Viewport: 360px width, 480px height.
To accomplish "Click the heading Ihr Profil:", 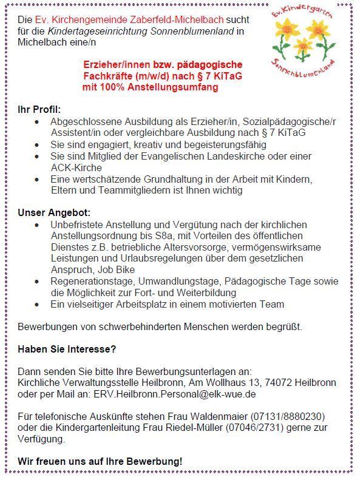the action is [x=39, y=109].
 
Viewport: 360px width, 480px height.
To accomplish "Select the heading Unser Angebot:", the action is [x=53, y=213].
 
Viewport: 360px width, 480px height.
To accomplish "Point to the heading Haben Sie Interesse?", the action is [x=67, y=350].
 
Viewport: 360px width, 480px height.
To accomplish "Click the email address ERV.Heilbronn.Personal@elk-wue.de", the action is [x=174, y=394].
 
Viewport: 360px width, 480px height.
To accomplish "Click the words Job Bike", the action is [x=113, y=269].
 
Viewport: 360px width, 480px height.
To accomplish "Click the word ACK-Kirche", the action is [x=76, y=167].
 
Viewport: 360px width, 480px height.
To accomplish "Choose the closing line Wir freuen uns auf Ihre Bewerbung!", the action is [x=100, y=462].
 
